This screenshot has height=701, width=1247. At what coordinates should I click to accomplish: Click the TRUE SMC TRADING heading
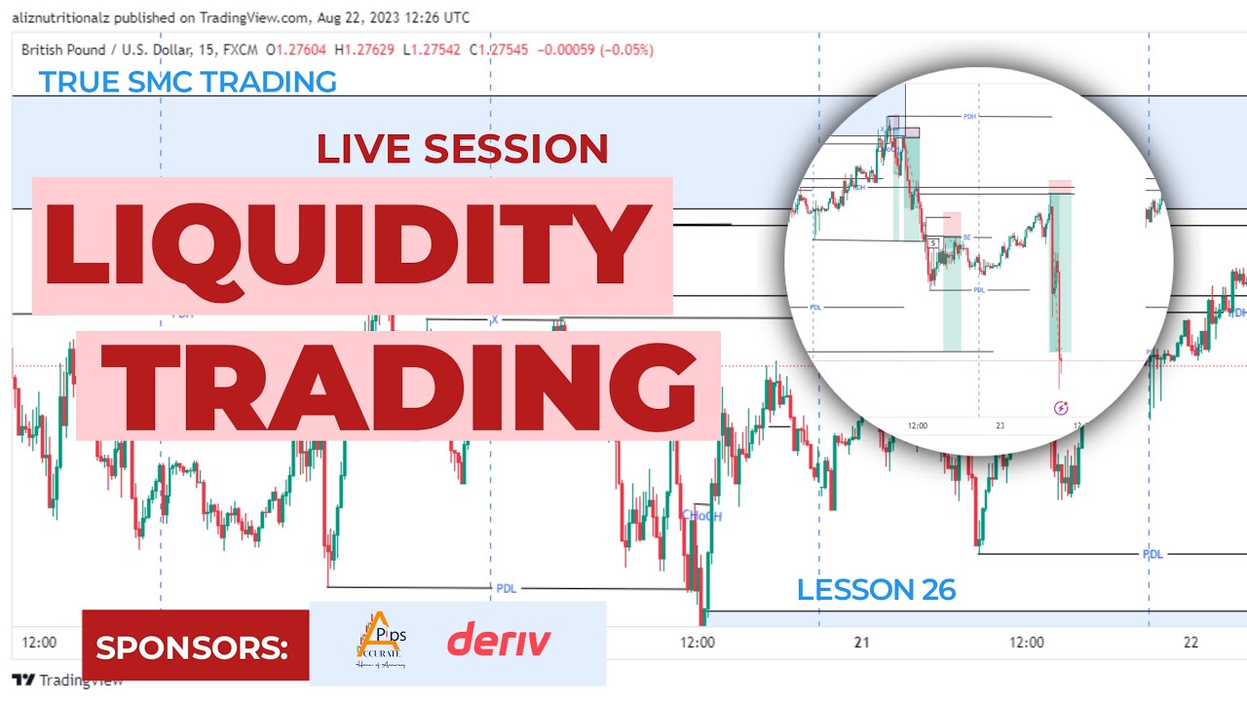[x=188, y=82]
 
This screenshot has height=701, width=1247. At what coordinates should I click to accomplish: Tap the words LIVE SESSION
[x=462, y=149]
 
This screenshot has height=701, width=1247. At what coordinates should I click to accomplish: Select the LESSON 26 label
[x=876, y=589]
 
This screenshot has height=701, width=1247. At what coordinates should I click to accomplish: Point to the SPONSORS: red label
[x=192, y=646]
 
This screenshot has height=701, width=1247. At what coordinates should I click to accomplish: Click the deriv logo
[x=499, y=642]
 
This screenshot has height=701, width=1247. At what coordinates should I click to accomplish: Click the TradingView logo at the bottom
[x=66, y=681]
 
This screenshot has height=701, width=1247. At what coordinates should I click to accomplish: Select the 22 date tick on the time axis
[x=1190, y=643]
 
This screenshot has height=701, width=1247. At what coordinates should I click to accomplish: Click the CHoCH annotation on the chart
[x=701, y=516]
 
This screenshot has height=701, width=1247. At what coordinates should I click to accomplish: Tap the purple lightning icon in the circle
[x=1061, y=408]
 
